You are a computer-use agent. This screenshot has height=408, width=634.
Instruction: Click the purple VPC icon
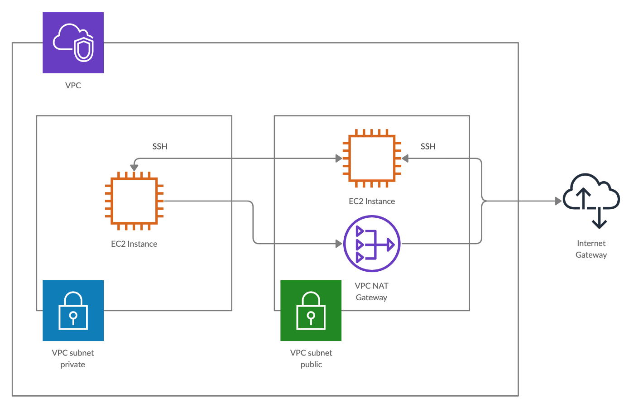73,43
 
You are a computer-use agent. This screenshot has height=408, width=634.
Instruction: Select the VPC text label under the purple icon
73,86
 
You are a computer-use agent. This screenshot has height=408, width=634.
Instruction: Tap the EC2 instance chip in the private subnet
134,201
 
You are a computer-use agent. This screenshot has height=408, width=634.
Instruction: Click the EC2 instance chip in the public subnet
372,158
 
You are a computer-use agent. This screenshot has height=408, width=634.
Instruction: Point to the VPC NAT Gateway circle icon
372,244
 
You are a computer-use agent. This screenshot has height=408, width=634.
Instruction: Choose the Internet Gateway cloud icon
591,201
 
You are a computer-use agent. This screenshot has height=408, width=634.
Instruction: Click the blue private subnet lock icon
73,311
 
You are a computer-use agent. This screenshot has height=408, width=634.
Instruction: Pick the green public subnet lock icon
311,311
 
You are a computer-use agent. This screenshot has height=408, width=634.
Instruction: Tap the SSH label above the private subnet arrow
160,146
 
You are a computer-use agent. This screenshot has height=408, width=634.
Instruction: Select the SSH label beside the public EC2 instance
428,146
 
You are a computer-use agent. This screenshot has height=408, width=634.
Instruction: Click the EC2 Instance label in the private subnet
134,244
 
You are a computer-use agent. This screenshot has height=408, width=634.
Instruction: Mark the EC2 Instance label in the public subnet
372,202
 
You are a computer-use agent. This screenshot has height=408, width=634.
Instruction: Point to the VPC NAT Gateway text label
371,292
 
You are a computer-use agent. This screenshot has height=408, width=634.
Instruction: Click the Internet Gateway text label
591,249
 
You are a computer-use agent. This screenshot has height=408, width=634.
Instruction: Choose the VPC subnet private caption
73,359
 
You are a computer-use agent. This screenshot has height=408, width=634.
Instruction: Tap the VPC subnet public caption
311,359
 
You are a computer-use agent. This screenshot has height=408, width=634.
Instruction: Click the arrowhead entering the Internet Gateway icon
558,201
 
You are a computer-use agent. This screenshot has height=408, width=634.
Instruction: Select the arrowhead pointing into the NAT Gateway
339,244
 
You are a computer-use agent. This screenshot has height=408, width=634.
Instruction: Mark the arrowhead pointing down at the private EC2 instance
134,168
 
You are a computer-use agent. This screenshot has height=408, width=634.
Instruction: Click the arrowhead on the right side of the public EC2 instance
405,158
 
